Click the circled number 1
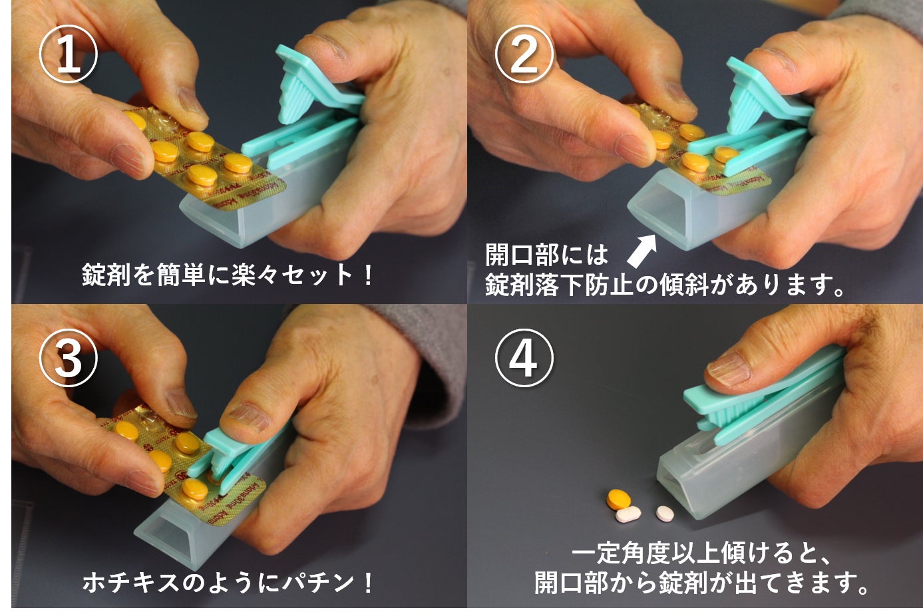(69, 55)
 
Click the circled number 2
(524, 55)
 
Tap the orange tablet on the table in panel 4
(619, 498)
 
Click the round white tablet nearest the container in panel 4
(665, 513)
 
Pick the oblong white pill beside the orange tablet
(628, 514)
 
